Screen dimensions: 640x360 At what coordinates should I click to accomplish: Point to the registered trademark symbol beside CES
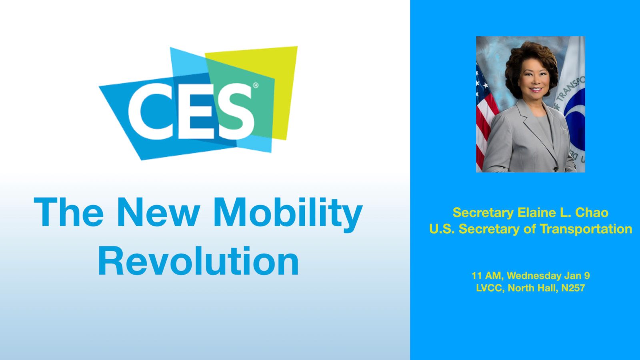coord(256,85)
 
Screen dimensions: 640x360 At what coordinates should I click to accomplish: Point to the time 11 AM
coord(488,276)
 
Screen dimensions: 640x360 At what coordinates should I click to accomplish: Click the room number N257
coord(573,288)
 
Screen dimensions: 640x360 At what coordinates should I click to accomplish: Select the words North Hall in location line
coord(533,288)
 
